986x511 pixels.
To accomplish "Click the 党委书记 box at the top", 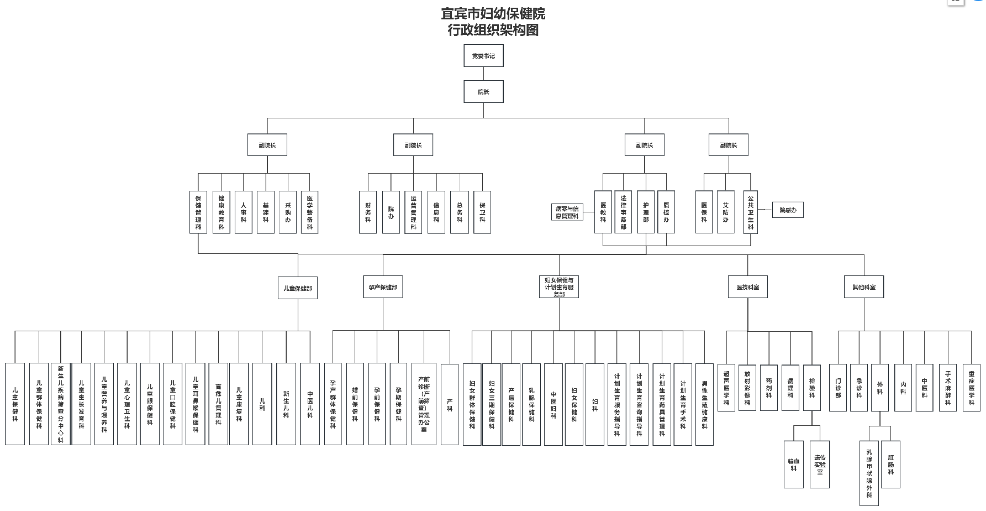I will pyautogui.click(x=483, y=56).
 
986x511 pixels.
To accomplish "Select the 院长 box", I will pyautogui.click(x=483, y=92).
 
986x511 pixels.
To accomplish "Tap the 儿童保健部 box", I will pyautogui.click(x=297, y=288).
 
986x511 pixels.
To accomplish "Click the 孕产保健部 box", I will pyautogui.click(x=383, y=287).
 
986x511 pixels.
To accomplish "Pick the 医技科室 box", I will pyautogui.click(x=747, y=287).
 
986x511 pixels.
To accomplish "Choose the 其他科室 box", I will pyautogui.click(x=864, y=287).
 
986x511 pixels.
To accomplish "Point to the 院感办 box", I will pyautogui.click(x=788, y=210).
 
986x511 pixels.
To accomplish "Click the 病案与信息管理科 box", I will pyautogui.click(x=567, y=212).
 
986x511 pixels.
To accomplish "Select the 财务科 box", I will pyautogui.click(x=368, y=212).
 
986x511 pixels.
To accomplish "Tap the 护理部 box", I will pyautogui.click(x=646, y=212).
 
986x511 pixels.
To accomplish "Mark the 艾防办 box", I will pyautogui.click(x=725, y=212).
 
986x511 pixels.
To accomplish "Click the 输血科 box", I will pyautogui.click(x=793, y=465).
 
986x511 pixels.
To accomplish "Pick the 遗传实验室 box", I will pyautogui.click(x=820, y=465).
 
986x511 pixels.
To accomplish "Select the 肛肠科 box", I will pyautogui.click(x=890, y=465).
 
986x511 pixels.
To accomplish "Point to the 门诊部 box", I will pyautogui.click(x=838, y=388).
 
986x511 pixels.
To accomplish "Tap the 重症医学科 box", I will pyautogui.click(x=971, y=388).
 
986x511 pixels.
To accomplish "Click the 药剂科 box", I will pyautogui.click(x=769, y=388).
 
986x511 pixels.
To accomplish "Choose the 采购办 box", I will pyautogui.click(x=288, y=212).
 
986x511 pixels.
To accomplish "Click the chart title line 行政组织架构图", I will pyautogui.click(x=493, y=30).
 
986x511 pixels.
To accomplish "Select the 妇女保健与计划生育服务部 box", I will pyautogui.click(x=559, y=287).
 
